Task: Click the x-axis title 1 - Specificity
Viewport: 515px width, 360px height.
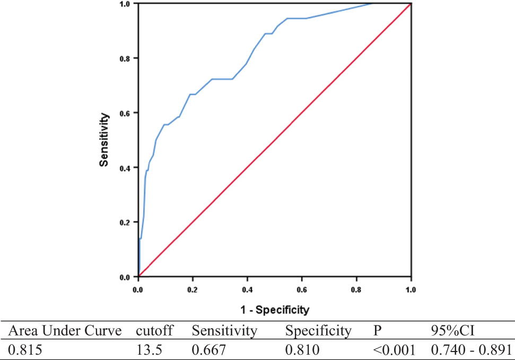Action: click(x=274, y=309)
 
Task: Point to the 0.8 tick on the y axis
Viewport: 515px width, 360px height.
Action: click(x=126, y=58)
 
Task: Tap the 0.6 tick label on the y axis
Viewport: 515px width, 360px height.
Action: click(x=126, y=112)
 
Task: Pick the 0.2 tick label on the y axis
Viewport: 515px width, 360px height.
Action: click(x=126, y=222)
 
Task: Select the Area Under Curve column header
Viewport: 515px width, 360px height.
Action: click(x=64, y=331)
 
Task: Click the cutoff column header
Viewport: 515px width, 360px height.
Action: click(x=154, y=331)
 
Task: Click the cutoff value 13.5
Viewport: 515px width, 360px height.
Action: click(x=147, y=350)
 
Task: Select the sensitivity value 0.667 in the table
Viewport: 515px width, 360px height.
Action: click(x=210, y=350)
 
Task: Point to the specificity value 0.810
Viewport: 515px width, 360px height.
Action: click(x=302, y=350)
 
